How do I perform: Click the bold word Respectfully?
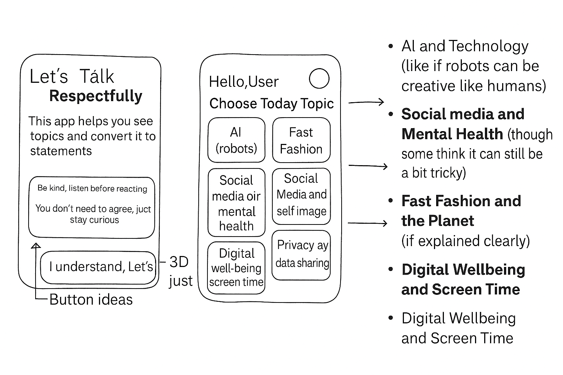96,96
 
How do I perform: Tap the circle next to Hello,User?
319,78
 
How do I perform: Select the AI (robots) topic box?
236,140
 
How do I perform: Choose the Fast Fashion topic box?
301,140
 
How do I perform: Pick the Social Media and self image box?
301,196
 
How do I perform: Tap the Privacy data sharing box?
301,255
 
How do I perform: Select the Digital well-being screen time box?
236,268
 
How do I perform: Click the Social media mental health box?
236,203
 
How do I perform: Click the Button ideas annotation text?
91,300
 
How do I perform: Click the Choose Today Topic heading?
271,104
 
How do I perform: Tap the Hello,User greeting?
244,82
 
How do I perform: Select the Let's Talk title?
72,77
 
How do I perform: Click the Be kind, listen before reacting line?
92,188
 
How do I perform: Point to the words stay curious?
95,220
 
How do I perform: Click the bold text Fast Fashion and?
461,201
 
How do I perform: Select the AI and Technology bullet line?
465,46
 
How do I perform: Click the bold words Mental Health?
452,134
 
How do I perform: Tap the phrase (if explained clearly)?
466,241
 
